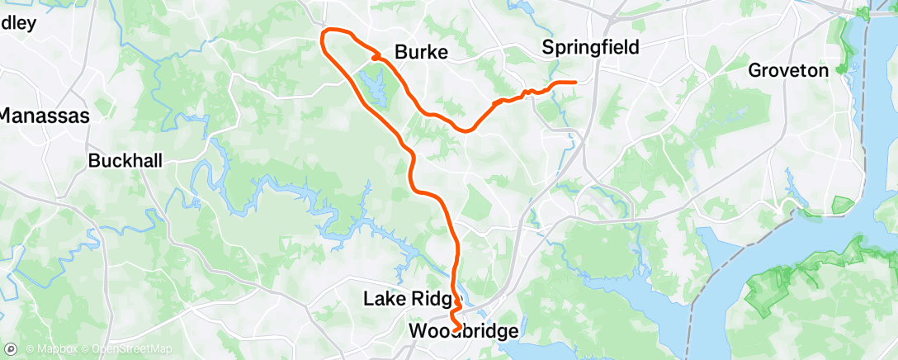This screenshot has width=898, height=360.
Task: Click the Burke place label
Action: (x=421, y=53)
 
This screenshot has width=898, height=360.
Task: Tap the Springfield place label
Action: (x=590, y=48)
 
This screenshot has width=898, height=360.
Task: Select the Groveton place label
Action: (x=787, y=71)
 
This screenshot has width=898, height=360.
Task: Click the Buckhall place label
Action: (x=125, y=160)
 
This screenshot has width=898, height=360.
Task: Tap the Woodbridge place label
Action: (x=464, y=331)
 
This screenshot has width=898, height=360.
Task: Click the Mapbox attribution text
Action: (x=50, y=350)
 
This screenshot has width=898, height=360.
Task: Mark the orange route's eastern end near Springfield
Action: (x=574, y=82)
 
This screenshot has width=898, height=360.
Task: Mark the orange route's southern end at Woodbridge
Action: (x=455, y=331)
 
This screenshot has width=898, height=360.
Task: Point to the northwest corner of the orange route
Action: (x=324, y=35)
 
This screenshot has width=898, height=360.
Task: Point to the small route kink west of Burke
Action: (x=376, y=57)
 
